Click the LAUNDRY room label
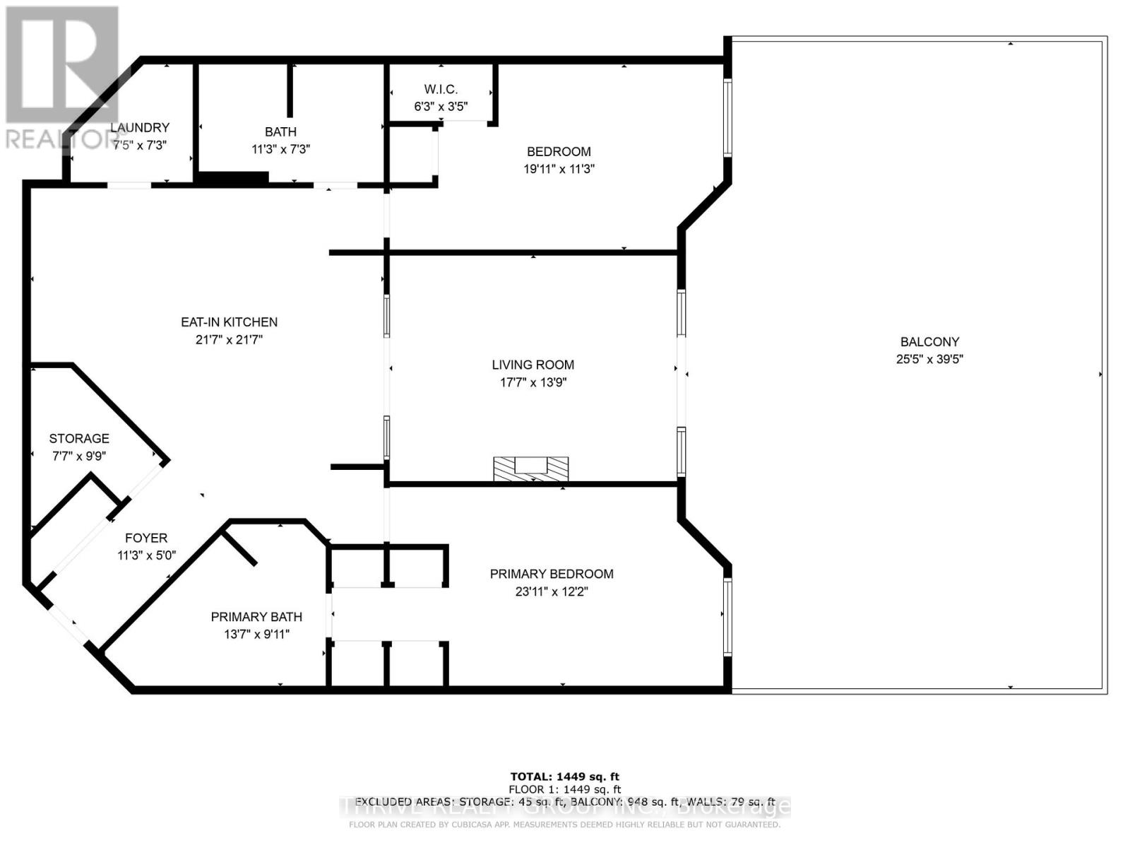point(140,127)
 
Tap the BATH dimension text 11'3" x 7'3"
point(280,149)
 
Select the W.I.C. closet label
point(441,89)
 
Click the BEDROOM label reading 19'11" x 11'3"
point(559,151)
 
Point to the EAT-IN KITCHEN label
point(229,322)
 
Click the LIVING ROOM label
point(533,365)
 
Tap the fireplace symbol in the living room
point(530,469)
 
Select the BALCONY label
point(929,341)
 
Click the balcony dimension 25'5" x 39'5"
point(929,359)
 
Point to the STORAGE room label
point(79,438)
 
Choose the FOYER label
point(146,538)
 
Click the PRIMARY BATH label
point(256,617)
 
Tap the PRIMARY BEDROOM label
point(552,574)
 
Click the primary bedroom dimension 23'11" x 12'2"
point(552,591)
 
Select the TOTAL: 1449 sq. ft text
point(564,777)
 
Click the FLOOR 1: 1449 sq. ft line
point(564,789)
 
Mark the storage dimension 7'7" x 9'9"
point(79,456)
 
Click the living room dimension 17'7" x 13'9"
point(533,382)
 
